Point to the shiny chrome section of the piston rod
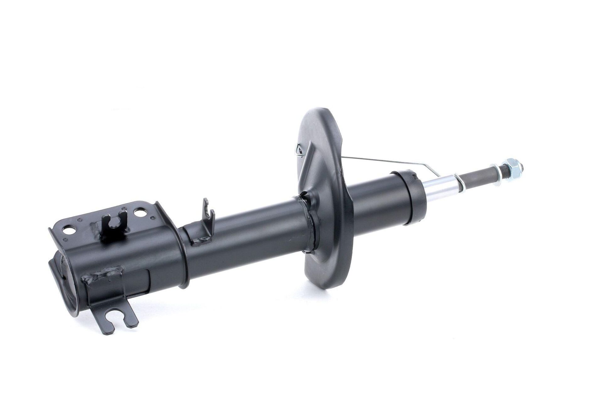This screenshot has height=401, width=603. tap(441, 191)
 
